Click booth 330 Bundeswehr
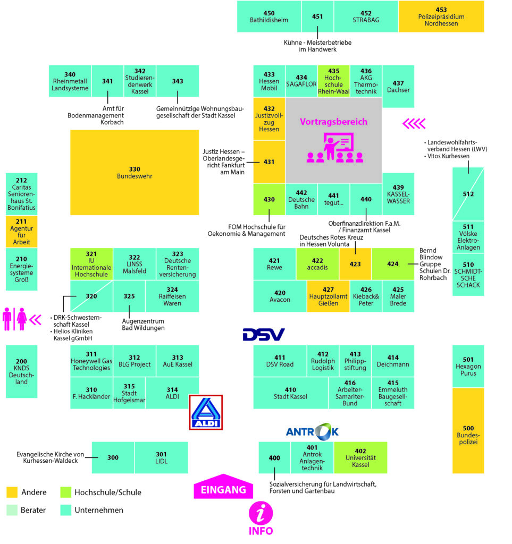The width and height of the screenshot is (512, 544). (x=135, y=173)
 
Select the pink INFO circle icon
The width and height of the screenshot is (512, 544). (x=261, y=514)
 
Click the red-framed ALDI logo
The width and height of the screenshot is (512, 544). (x=206, y=412)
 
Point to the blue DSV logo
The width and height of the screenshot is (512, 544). (x=264, y=334)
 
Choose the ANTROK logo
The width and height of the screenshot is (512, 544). (x=312, y=431)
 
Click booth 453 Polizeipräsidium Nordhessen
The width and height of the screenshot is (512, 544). (x=441, y=16)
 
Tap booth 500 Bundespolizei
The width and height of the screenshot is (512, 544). (x=468, y=431)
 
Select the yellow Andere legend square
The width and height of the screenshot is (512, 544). (x=12, y=492)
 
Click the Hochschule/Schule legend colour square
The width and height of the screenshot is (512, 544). (x=65, y=492)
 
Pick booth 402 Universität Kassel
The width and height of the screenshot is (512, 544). (x=360, y=457)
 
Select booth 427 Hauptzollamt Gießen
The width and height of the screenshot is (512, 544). (x=328, y=296)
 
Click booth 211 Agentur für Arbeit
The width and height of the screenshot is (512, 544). (x=22, y=232)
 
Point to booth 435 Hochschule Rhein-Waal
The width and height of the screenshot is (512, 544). (x=333, y=81)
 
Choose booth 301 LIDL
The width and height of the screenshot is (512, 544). (x=161, y=457)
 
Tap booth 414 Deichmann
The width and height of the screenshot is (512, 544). (x=393, y=361)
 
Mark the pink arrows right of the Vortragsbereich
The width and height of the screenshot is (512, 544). (x=414, y=124)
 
